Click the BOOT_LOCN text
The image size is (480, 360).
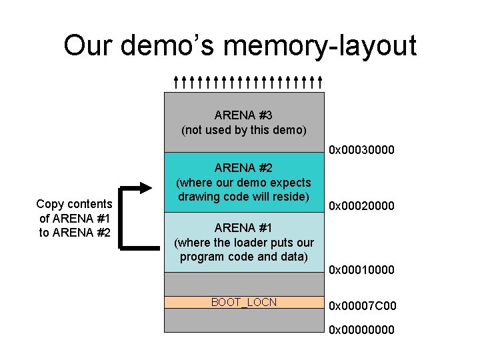coord(243,302)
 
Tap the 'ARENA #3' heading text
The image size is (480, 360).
coord(243,115)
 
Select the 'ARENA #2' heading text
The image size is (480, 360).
coord(243,167)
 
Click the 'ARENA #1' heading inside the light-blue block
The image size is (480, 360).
coord(243,227)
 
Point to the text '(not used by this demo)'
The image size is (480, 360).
coord(243,130)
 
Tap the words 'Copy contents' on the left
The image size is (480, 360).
coord(74,203)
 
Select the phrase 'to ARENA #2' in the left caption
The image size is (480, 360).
coord(74,232)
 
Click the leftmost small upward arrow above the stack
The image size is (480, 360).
coord(175,82)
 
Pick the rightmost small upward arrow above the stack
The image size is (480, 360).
coord(321,82)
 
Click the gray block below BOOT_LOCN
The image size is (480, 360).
coord(243,320)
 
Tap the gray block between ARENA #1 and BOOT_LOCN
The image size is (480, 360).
coord(243,283)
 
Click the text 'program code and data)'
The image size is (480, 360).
coord(243,257)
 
